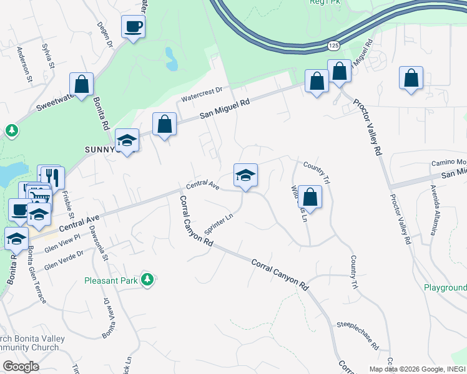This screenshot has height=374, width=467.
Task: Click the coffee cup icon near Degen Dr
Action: pyautogui.click(x=134, y=27)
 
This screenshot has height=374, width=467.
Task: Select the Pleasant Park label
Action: pyautogui.click(x=111, y=280)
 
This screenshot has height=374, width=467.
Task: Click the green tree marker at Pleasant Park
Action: pyautogui.click(x=147, y=280)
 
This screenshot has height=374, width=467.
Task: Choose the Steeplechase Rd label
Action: pyautogui.click(x=358, y=334)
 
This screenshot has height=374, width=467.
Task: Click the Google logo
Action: pyautogui.click(x=21, y=367)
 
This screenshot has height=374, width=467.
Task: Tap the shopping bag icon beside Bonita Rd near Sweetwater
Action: pyautogui.click(x=81, y=84)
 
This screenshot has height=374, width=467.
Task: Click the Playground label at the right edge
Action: pyautogui.click(x=445, y=287)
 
